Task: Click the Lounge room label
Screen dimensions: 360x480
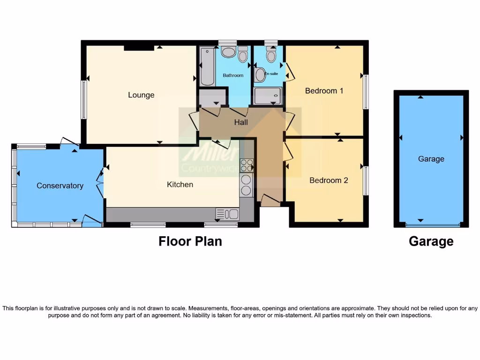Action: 141,95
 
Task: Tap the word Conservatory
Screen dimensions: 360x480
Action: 60,186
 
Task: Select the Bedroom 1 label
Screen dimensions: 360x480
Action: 324,91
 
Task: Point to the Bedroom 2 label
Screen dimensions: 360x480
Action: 329,180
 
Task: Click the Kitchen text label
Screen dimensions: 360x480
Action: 180,185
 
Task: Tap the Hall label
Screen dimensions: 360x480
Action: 241,123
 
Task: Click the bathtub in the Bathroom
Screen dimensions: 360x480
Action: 207,66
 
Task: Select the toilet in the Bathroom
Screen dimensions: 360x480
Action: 242,54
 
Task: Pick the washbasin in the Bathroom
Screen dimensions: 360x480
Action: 228,52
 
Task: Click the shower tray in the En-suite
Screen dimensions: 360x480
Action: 268,96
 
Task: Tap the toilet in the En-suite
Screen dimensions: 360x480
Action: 270,55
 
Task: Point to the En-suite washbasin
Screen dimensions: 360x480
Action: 261,75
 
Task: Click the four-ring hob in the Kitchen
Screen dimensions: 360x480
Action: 247,165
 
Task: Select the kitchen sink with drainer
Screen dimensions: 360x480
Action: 227,214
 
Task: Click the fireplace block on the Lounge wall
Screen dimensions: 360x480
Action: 139,47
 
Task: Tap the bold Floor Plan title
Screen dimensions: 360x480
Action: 190,241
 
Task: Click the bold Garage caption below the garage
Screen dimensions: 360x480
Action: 431,241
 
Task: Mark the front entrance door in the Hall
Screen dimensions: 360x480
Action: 270,201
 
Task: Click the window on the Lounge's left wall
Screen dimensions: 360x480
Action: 83,99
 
